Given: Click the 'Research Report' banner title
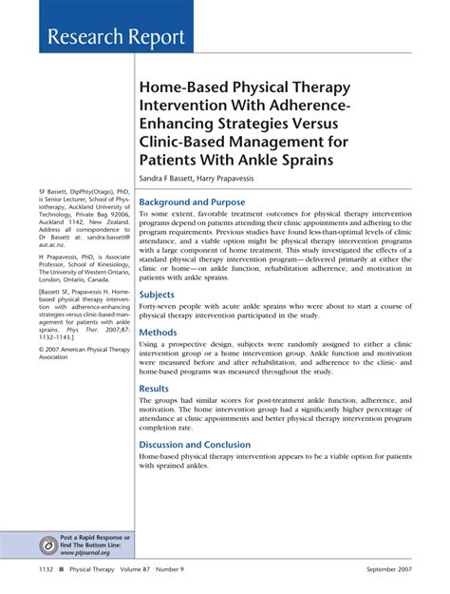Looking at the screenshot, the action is pyautogui.click(x=111, y=37).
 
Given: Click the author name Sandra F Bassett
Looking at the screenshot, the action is pyautogui.click(x=175, y=178).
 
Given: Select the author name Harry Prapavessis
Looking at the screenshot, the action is pyautogui.click(x=252, y=178).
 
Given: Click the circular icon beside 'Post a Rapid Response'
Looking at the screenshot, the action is pyautogui.click(x=47, y=545).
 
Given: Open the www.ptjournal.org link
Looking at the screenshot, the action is pyautogui.click(x=85, y=552).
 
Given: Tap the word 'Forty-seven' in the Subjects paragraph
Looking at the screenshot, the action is pyautogui.click(x=161, y=309).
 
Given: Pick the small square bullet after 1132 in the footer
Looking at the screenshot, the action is pyautogui.click(x=60, y=570).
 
